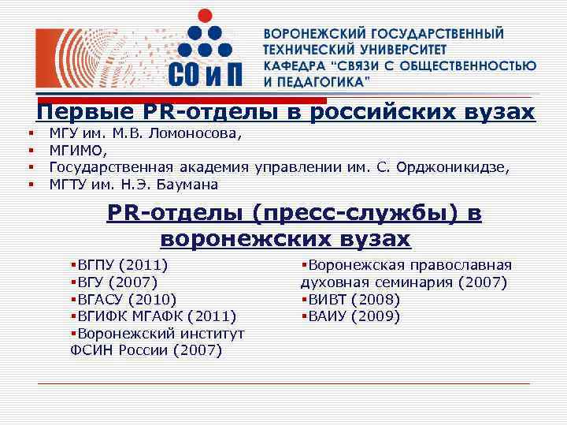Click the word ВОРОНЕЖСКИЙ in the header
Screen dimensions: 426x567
tap(310, 35)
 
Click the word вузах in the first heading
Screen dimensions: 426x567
tap(498, 112)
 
